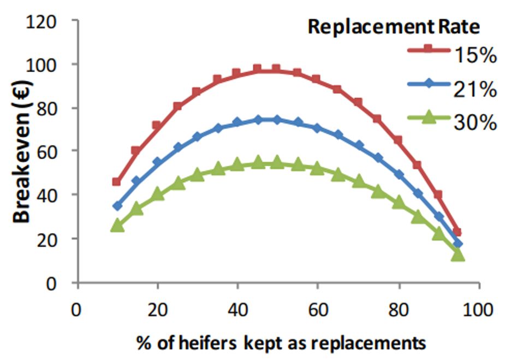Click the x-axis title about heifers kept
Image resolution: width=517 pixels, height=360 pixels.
[281, 343]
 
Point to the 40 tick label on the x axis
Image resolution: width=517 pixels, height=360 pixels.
[237, 310]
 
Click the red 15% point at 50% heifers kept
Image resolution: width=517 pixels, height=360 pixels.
[276, 69]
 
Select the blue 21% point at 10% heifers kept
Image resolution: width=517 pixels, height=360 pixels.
[117, 206]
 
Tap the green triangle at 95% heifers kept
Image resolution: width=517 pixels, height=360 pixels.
[457, 255]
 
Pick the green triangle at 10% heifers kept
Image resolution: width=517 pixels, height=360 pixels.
[117, 225]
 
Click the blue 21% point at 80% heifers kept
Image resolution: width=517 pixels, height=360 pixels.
[398, 175]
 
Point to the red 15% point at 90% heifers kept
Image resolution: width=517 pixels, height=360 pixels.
[438, 194]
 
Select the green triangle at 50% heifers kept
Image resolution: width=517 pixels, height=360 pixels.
[276, 162]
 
